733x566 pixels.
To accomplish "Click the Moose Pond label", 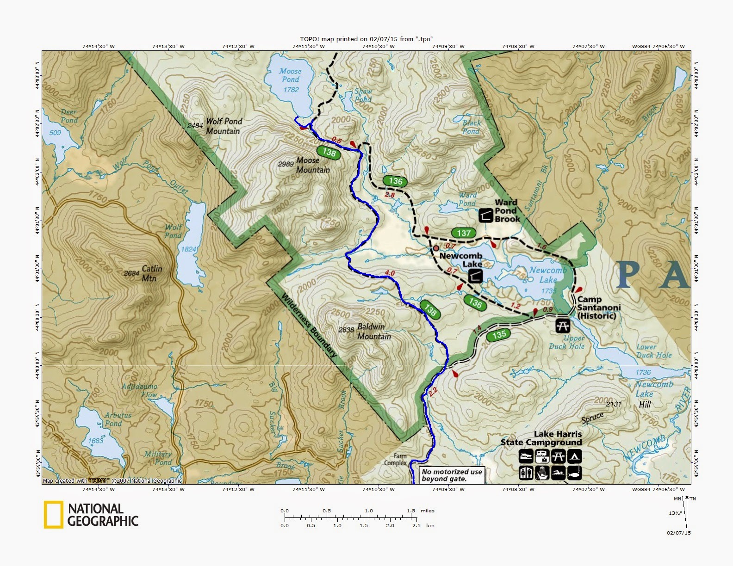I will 290,75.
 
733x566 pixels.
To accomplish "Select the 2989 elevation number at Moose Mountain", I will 286,164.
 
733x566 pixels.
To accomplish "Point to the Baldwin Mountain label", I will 373,331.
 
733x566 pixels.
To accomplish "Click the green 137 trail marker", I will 464,234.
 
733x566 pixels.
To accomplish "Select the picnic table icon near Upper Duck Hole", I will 563,325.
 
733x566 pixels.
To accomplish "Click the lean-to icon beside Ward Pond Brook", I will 485,215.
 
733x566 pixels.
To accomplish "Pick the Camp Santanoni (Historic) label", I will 598,308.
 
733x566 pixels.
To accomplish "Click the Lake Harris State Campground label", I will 541,438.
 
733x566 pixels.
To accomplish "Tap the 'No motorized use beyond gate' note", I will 452,475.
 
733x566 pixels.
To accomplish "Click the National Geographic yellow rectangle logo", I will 53,515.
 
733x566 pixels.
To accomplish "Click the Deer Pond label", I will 69,116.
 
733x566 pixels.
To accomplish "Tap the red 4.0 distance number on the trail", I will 390,273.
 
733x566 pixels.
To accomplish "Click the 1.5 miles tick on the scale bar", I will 411,511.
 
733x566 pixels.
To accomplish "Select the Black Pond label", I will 472,127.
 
